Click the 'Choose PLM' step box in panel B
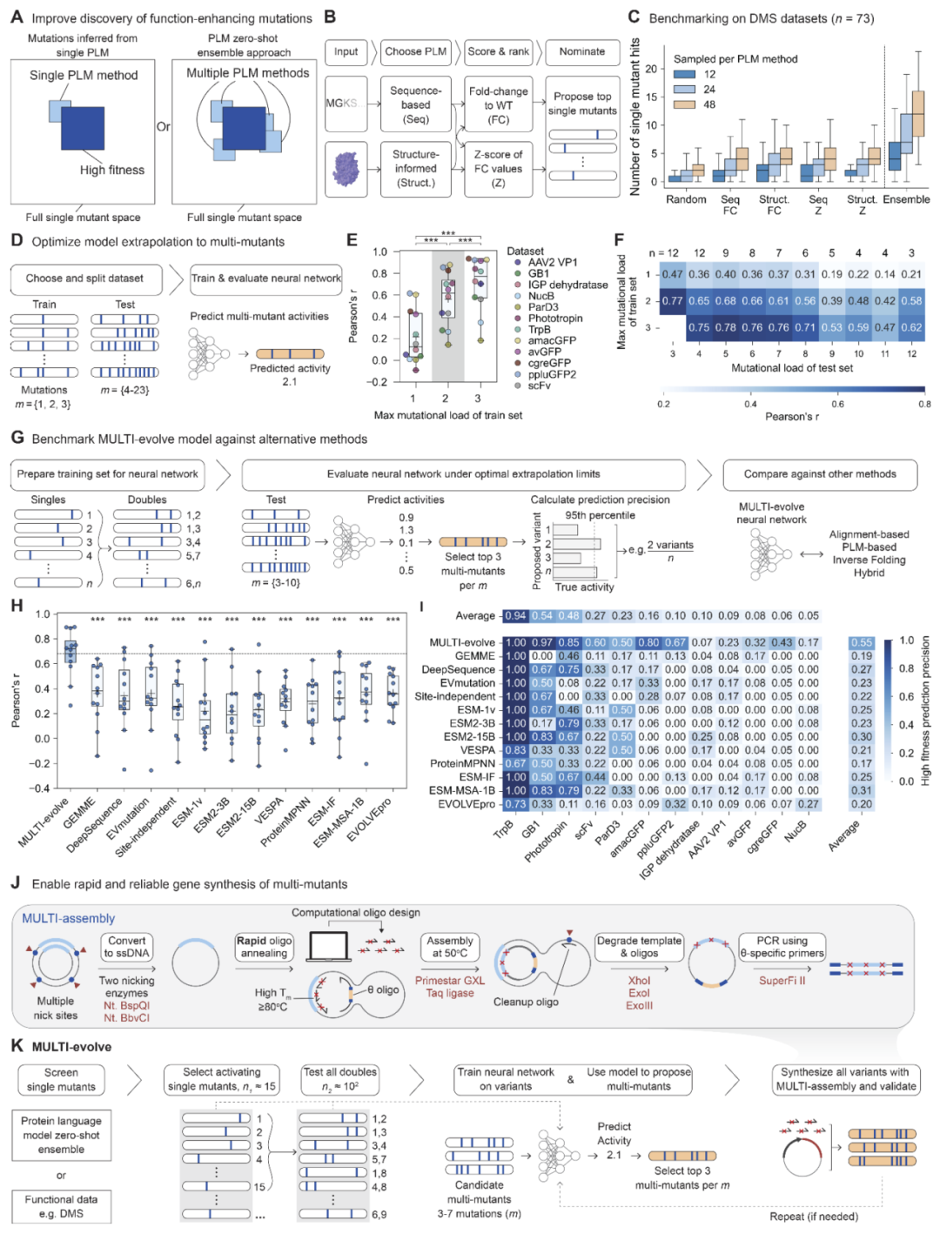(x=415, y=52)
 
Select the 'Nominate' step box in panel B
(x=581, y=52)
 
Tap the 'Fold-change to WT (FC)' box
(x=498, y=105)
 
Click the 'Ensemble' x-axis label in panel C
(x=906, y=199)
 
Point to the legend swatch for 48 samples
(x=684, y=104)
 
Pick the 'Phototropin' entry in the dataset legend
(x=554, y=319)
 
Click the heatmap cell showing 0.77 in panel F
(x=672, y=301)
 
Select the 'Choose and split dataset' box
(x=85, y=278)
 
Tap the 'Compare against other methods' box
(x=819, y=474)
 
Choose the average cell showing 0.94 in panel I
(x=515, y=616)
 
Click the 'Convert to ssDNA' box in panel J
(x=127, y=947)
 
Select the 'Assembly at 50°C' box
(x=449, y=947)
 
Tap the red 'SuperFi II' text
(x=782, y=981)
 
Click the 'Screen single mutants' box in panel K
(x=61, y=1080)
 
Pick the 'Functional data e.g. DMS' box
(x=61, y=1207)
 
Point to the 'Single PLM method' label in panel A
(x=84, y=76)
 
